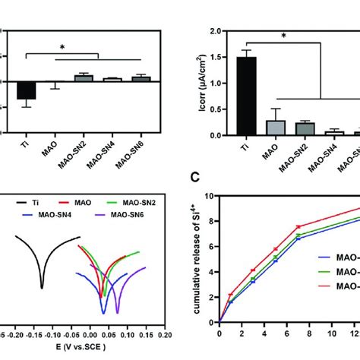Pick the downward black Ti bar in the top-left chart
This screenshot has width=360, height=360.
(x=27, y=90)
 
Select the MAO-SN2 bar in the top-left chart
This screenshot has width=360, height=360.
(x=81, y=77)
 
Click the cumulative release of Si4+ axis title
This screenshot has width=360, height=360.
(x=202, y=251)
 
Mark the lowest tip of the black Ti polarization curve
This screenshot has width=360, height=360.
(x=43, y=287)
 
